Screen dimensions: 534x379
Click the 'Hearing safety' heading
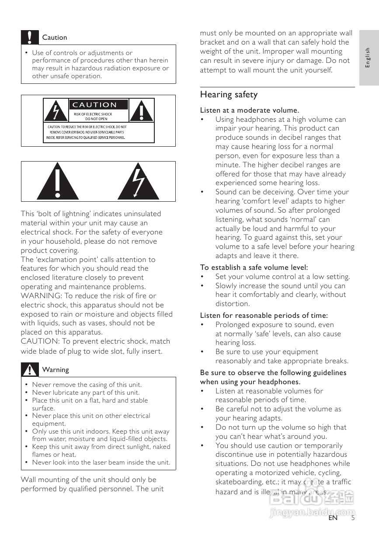[x=229, y=95]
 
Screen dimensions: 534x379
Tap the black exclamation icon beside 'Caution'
[x=29, y=38]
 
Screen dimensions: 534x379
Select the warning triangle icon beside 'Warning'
[x=30, y=370]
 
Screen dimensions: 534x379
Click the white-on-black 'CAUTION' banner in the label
[x=98, y=105]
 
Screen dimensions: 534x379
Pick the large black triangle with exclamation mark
[x=57, y=181]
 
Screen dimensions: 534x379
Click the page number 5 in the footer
[x=353, y=518]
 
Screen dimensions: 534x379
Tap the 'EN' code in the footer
[x=333, y=518]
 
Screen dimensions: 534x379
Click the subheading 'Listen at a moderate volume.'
[x=249, y=110]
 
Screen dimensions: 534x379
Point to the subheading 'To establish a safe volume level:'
[x=254, y=267]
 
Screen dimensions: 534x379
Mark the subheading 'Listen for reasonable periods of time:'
[x=264, y=315]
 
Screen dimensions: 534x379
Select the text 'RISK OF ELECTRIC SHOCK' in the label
[x=93, y=114]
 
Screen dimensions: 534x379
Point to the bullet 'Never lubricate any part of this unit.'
[x=86, y=393]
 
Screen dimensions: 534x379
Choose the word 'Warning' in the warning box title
[x=56, y=370]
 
